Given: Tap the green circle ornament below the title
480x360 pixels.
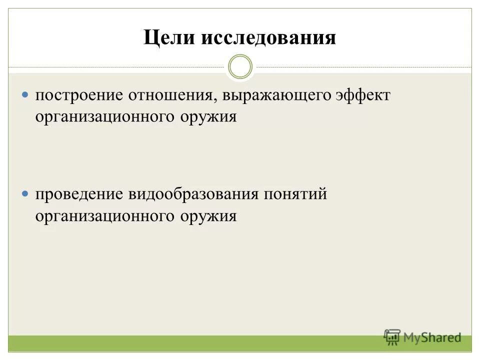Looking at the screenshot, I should (240, 67).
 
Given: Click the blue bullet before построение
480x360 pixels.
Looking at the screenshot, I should (26, 94).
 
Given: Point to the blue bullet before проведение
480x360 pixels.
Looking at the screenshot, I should (26, 193).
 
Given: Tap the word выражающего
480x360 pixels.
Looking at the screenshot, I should (276, 96).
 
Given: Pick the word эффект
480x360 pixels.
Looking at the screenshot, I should (361, 95).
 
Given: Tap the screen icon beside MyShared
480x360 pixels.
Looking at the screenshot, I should (392, 336).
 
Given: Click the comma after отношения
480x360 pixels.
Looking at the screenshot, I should (215, 100).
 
